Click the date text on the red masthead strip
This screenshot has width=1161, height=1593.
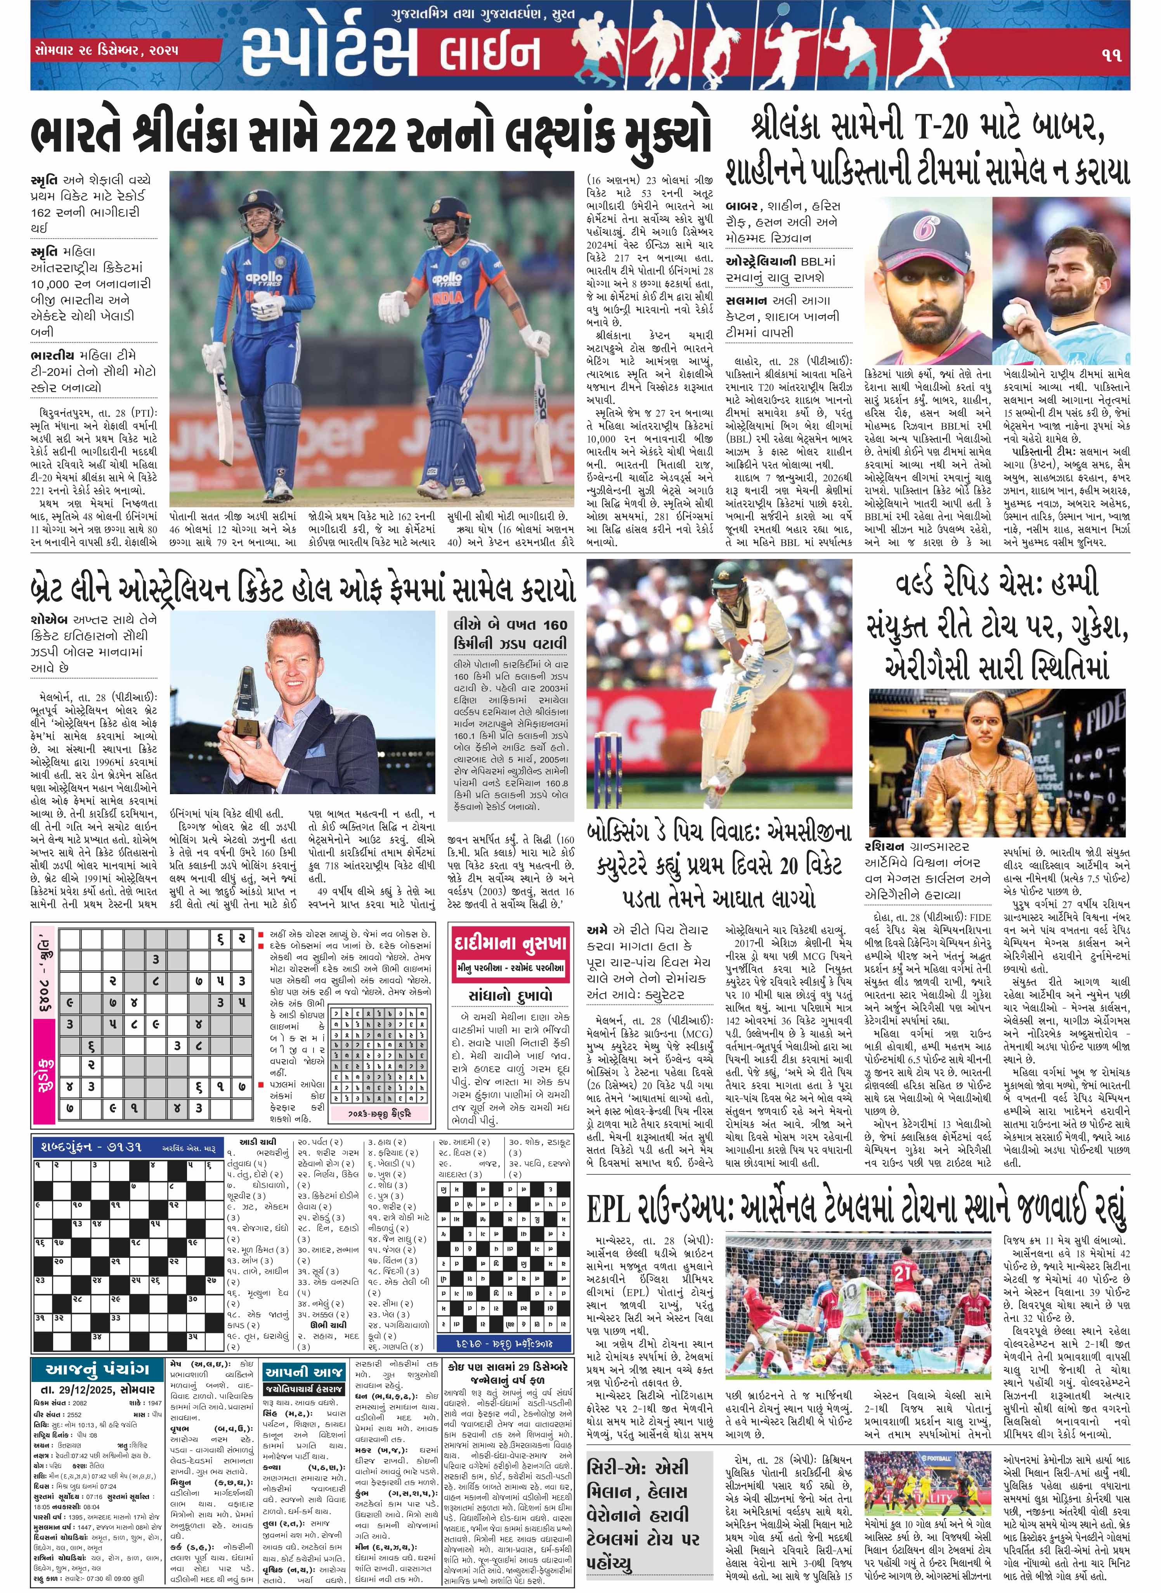click(106, 50)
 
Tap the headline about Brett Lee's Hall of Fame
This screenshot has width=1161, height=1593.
click(302, 589)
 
